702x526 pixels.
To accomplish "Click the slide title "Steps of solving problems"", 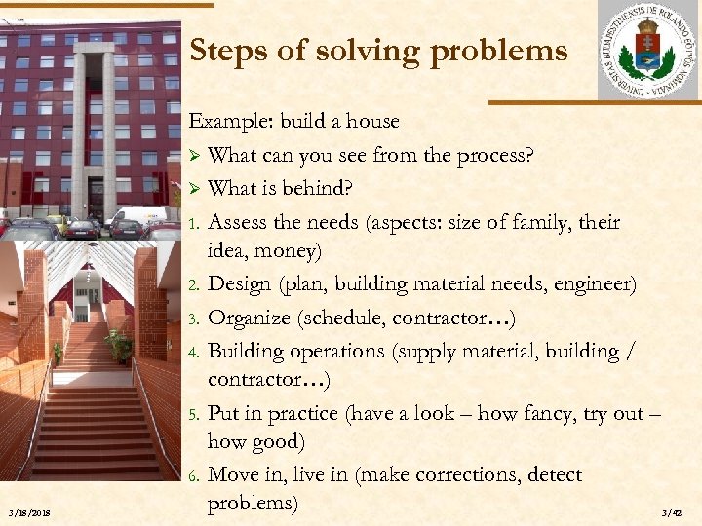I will pos(378,51).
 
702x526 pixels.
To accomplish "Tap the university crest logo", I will pos(648,51).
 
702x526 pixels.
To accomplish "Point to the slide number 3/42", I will pos(673,513).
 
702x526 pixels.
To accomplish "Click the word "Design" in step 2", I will pos(240,284).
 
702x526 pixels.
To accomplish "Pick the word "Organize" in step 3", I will pos(250,318).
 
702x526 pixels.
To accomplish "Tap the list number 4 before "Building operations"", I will pos(194,351).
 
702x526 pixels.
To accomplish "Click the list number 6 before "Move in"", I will pos(194,476).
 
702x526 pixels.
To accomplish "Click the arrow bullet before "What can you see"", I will pos(195,156).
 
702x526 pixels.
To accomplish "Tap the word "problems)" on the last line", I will pos(253,503).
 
